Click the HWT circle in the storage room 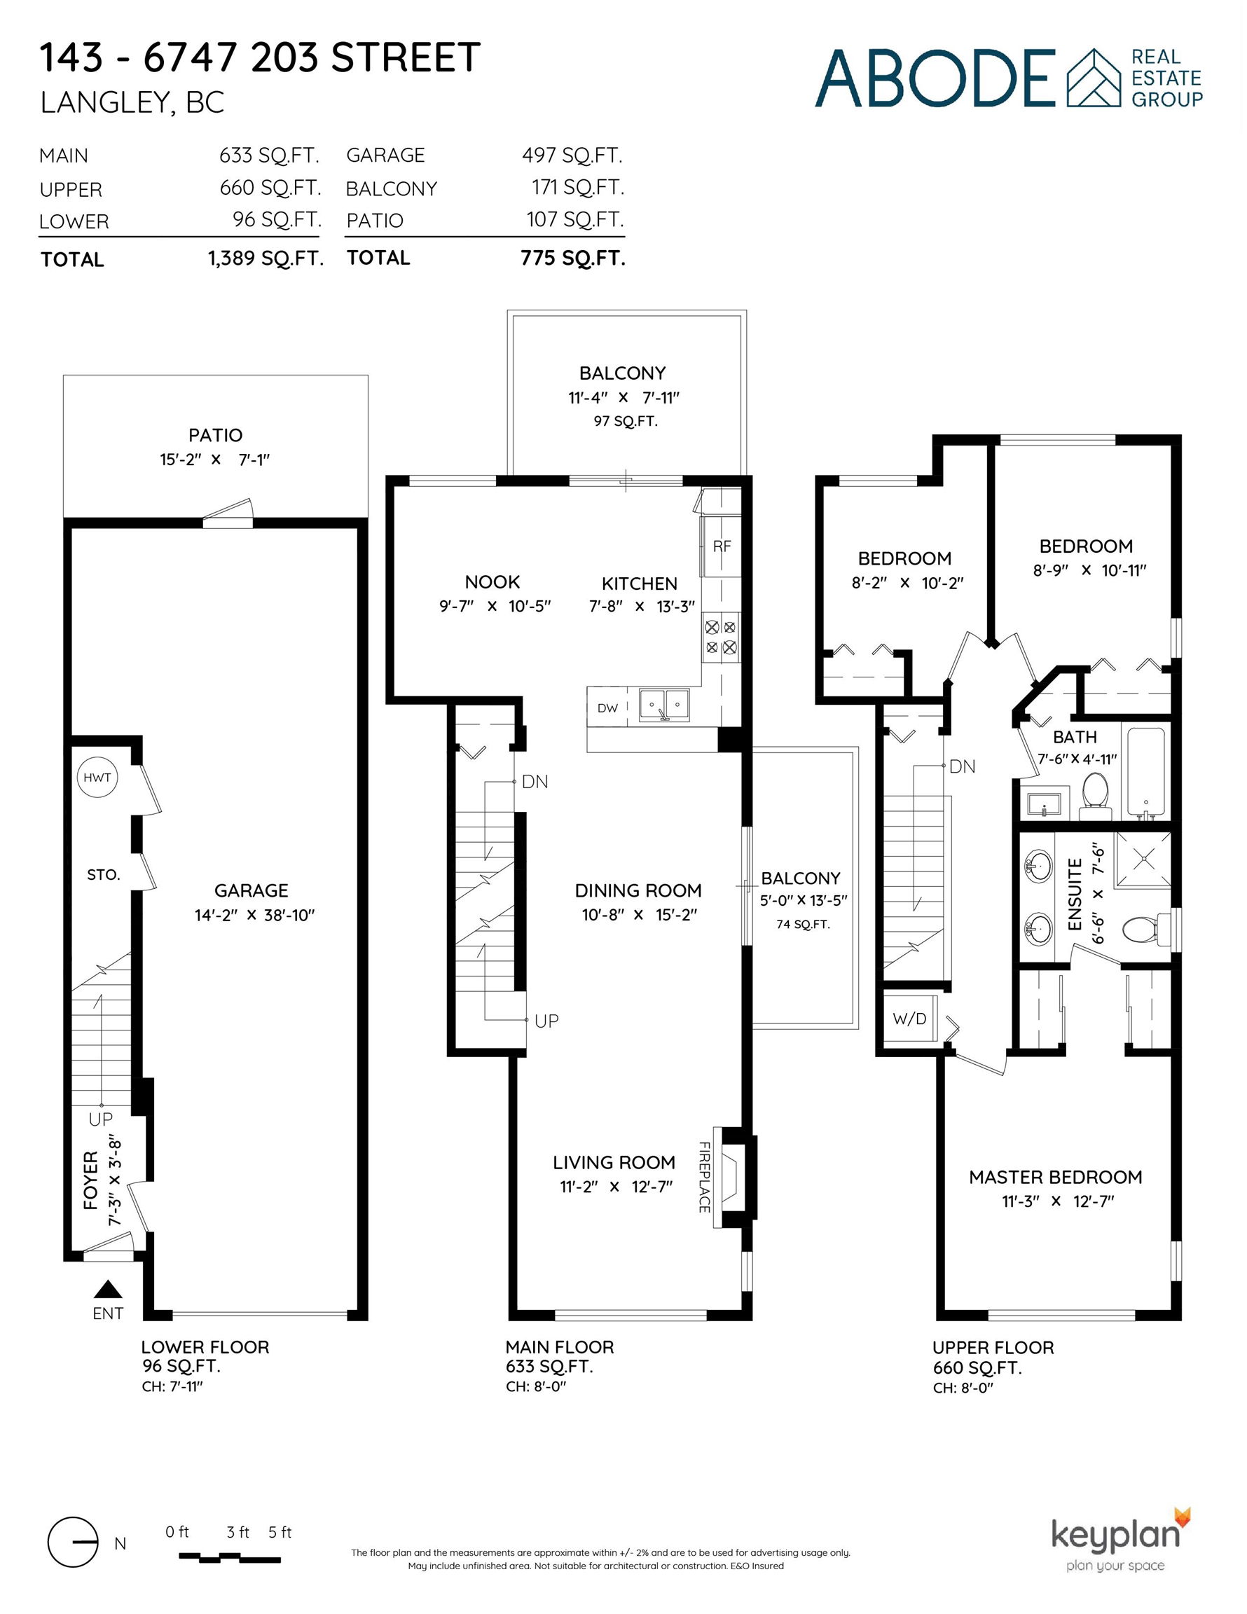tap(97, 778)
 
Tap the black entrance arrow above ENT tap(108, 1289)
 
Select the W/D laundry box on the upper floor tap(910, 1019)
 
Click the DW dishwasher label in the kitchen tap(607, 708)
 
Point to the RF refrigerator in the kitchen tap(722, 546)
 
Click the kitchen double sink tap(665, 705)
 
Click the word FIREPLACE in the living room tap(705, 1178)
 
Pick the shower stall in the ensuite tap(1143, 859)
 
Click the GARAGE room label tap(252, 890)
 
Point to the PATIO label tap(215, 435)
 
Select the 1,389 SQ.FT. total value tap(266, 258)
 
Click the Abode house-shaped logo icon tap(1094, 78)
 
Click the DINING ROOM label tap(639, 890)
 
